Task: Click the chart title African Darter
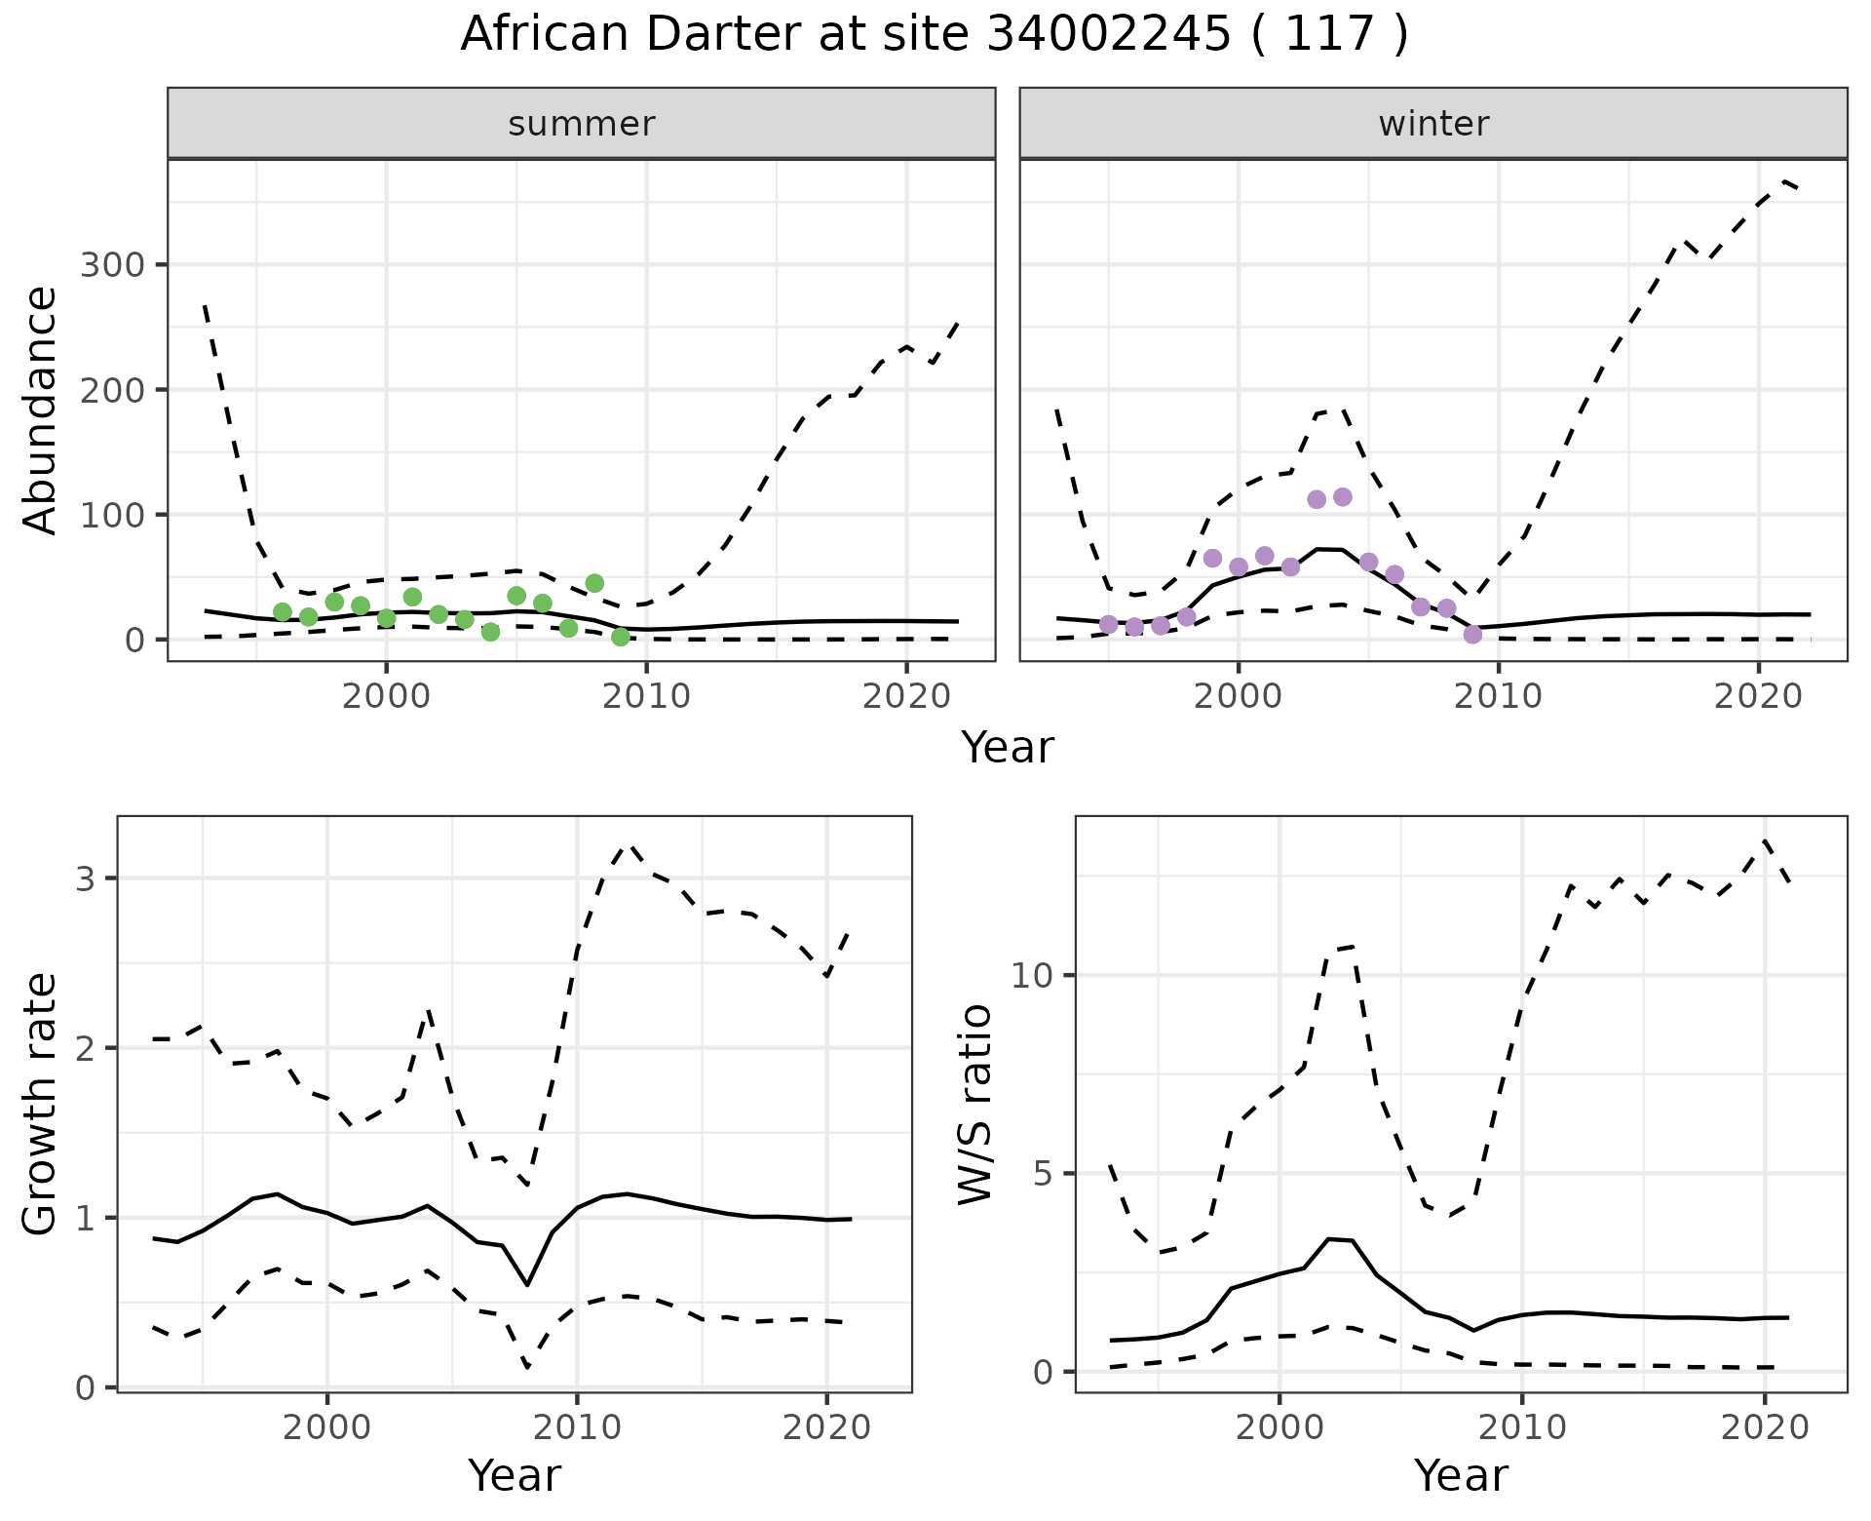934,35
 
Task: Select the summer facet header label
582,124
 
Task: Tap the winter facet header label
1433,124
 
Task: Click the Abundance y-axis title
41,409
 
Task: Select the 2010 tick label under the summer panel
646,696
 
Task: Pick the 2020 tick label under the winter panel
1758,696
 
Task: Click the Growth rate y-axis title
41,1105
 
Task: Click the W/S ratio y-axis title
974,1105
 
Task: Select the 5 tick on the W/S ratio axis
1043,1174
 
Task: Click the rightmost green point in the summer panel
621,637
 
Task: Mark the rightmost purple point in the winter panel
1472,634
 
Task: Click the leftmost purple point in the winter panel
1108,624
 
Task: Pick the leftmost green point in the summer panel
283,612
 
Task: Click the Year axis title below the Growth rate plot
515,1475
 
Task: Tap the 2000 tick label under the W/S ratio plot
1279,1428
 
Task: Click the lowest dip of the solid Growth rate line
527,1284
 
